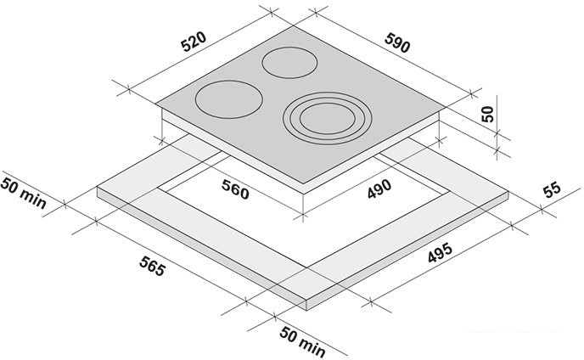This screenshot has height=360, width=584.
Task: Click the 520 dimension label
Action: pyautogui.click(x=194, y=42)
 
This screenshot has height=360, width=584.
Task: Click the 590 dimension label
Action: pyautogui.click(x=397, y=42)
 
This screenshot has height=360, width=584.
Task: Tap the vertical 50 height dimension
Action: pyautogui.click(x=487, y=114)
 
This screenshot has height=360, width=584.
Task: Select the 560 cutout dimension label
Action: pyautogui.click(x=235, y=189)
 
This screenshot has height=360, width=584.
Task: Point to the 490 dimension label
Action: pyautogui.click(x=379, y=189)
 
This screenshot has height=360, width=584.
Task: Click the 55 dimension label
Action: pyautogui.click(x=552, y=189)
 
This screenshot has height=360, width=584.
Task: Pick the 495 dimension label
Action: pyautogui.click(x=440, y=253)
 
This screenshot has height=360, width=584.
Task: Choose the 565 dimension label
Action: pyautogui.click(x=152, y=267)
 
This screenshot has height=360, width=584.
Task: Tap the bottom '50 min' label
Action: pyautogui.click(x=302, y=341)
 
